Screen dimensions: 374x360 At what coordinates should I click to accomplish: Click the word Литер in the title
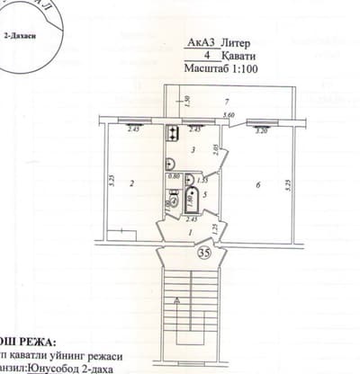coord(237,42)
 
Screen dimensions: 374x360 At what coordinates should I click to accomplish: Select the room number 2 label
coord(131,183)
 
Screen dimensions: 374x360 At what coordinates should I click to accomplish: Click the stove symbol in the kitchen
coord(170,134)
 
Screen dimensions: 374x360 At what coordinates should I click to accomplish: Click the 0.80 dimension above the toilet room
coord(175,176)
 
